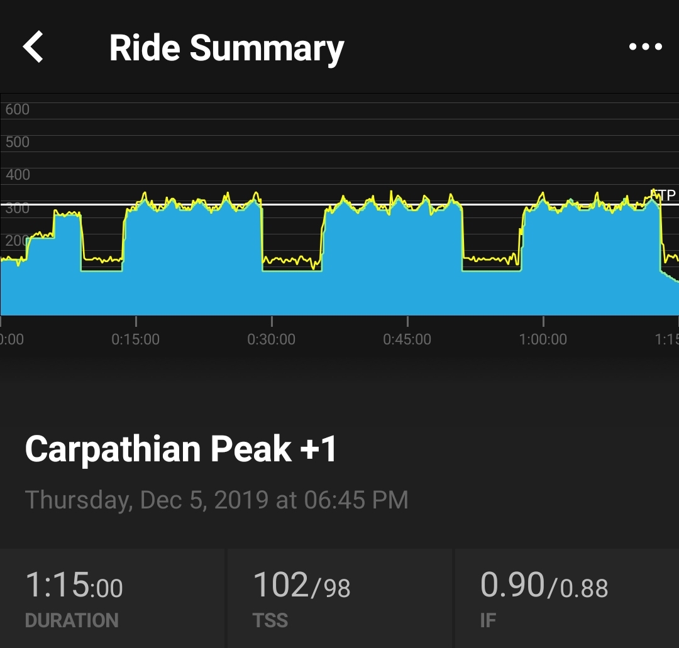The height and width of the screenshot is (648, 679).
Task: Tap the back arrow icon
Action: pyautogui.click(x=33, y=48)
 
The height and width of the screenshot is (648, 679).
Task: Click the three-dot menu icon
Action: pyautogui.click(x=645, y=47)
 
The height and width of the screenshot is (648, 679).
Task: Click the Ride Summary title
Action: pyautogui.click(x=226, y=48)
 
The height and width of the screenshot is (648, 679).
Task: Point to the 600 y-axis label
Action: pyautogui.click(x=17, y=109)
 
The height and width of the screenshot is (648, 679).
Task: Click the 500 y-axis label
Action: pyautogui.click(x=17, y=142)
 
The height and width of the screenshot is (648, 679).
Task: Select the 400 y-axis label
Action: pyautogui.click(x=17, y=175)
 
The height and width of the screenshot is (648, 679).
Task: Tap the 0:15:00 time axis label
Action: pyautogui.click(x=135, y=339)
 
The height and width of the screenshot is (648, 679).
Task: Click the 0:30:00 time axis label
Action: pyautogui.click(x=271, y=339)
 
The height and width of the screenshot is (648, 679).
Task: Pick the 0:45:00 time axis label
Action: pyautogui.click(x=407, y=339)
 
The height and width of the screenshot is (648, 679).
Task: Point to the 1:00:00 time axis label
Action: pyautogui.click(x=543, y=339)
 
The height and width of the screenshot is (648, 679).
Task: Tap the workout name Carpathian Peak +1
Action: pyautogui.click(x=181, y=449)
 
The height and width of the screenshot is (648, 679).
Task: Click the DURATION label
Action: pyautogui.click(x=72, y=621)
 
